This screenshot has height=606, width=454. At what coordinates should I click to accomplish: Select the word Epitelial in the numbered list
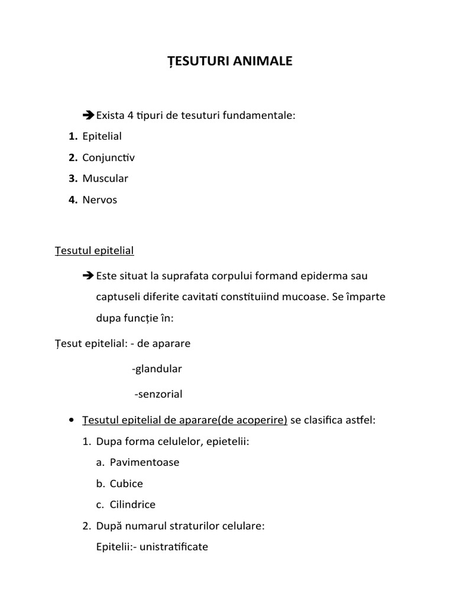click(x=102, y=136)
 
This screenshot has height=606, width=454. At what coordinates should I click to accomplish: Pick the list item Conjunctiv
click(x=109, y=157)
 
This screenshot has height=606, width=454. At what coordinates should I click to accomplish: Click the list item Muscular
click(x=105, y=178)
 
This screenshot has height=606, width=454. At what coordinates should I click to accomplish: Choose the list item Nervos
click(x=100, y=199)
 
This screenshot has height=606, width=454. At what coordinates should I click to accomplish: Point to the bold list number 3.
click(x=73, y=178)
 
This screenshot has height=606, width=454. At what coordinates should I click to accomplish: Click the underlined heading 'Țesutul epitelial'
click(x=94, y=250)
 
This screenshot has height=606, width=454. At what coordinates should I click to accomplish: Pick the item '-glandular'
click(x=157, y=369)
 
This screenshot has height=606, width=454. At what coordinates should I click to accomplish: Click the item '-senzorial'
click(x=158, y=394)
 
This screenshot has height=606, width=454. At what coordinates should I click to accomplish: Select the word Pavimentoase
click(x=144, y=462)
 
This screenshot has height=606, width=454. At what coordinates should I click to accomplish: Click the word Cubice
click(x=127, y=483)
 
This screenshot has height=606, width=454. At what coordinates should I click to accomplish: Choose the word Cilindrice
click(x=132, y=505)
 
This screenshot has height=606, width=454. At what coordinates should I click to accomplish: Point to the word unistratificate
click(x=172, y=547)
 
